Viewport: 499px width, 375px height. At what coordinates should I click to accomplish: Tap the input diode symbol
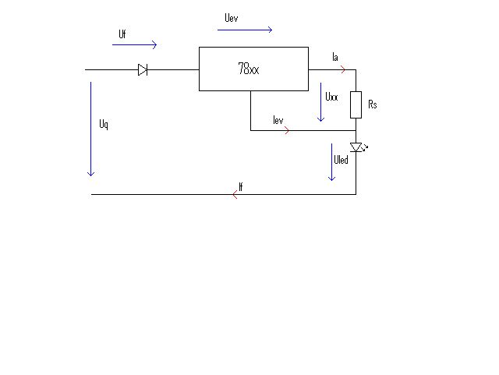tap(143, 69)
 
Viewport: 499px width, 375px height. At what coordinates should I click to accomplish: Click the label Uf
tap(122, 34)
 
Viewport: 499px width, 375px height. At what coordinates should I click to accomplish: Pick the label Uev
tap(232, 18)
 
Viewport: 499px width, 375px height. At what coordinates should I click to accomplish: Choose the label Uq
tap(104, 124)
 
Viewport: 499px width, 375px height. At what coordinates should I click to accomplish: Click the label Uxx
tap(331, 97)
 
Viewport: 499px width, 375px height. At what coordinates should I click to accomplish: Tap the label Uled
tap(341, 160)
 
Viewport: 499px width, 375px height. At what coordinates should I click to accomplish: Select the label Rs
tap(373, 104)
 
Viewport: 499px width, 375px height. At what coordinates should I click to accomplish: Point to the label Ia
tap(335, 57)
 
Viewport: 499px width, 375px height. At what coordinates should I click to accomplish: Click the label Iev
tap(278, 120)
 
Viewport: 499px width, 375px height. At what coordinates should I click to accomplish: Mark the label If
tap(241, 187)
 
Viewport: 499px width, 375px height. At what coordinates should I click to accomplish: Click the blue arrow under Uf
tap(135, 45)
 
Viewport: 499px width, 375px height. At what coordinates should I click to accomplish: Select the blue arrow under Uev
tap(245, 30)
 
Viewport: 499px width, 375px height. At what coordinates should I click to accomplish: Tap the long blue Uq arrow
tap(91, 129)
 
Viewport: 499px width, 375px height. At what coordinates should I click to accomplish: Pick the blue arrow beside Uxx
tap(320, 102)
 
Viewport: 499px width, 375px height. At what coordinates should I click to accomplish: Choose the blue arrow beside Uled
tap(331, 162)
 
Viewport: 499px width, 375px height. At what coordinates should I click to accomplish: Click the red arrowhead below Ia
tap(343, 69)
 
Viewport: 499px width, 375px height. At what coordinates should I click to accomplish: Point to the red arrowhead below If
tap(235, 194)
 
